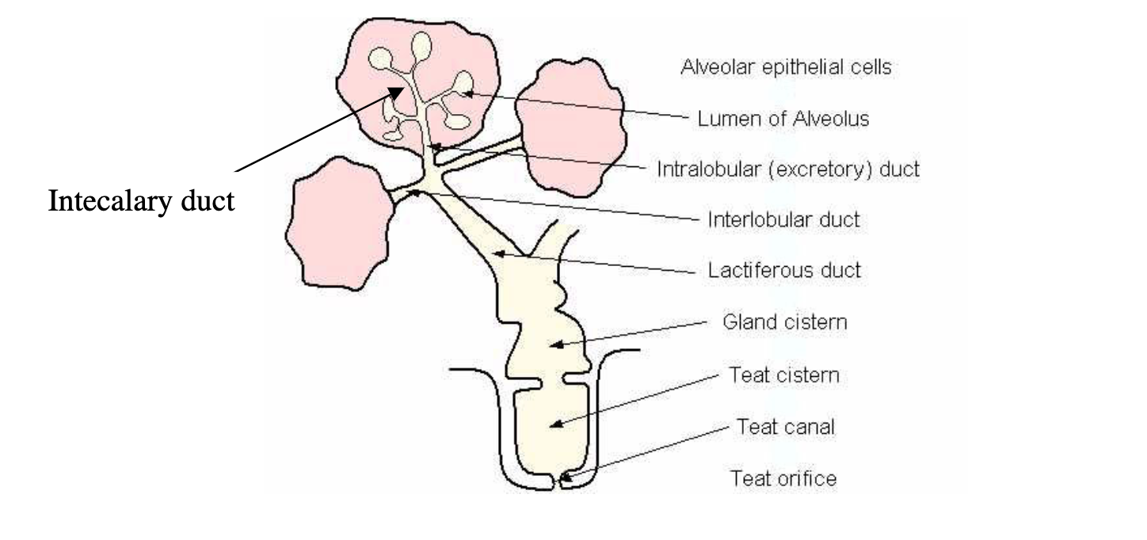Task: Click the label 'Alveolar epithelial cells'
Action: [786, 67]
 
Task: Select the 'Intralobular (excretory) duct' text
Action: [787, 169]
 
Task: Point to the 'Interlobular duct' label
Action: [783, 220]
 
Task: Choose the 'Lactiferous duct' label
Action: [783, 271]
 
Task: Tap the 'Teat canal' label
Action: [786, 427]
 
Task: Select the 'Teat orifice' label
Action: [783, 478]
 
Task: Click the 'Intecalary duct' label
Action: [142, 201]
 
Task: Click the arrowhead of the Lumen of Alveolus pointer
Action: [465, 93]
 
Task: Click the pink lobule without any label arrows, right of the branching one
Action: [573, 126]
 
